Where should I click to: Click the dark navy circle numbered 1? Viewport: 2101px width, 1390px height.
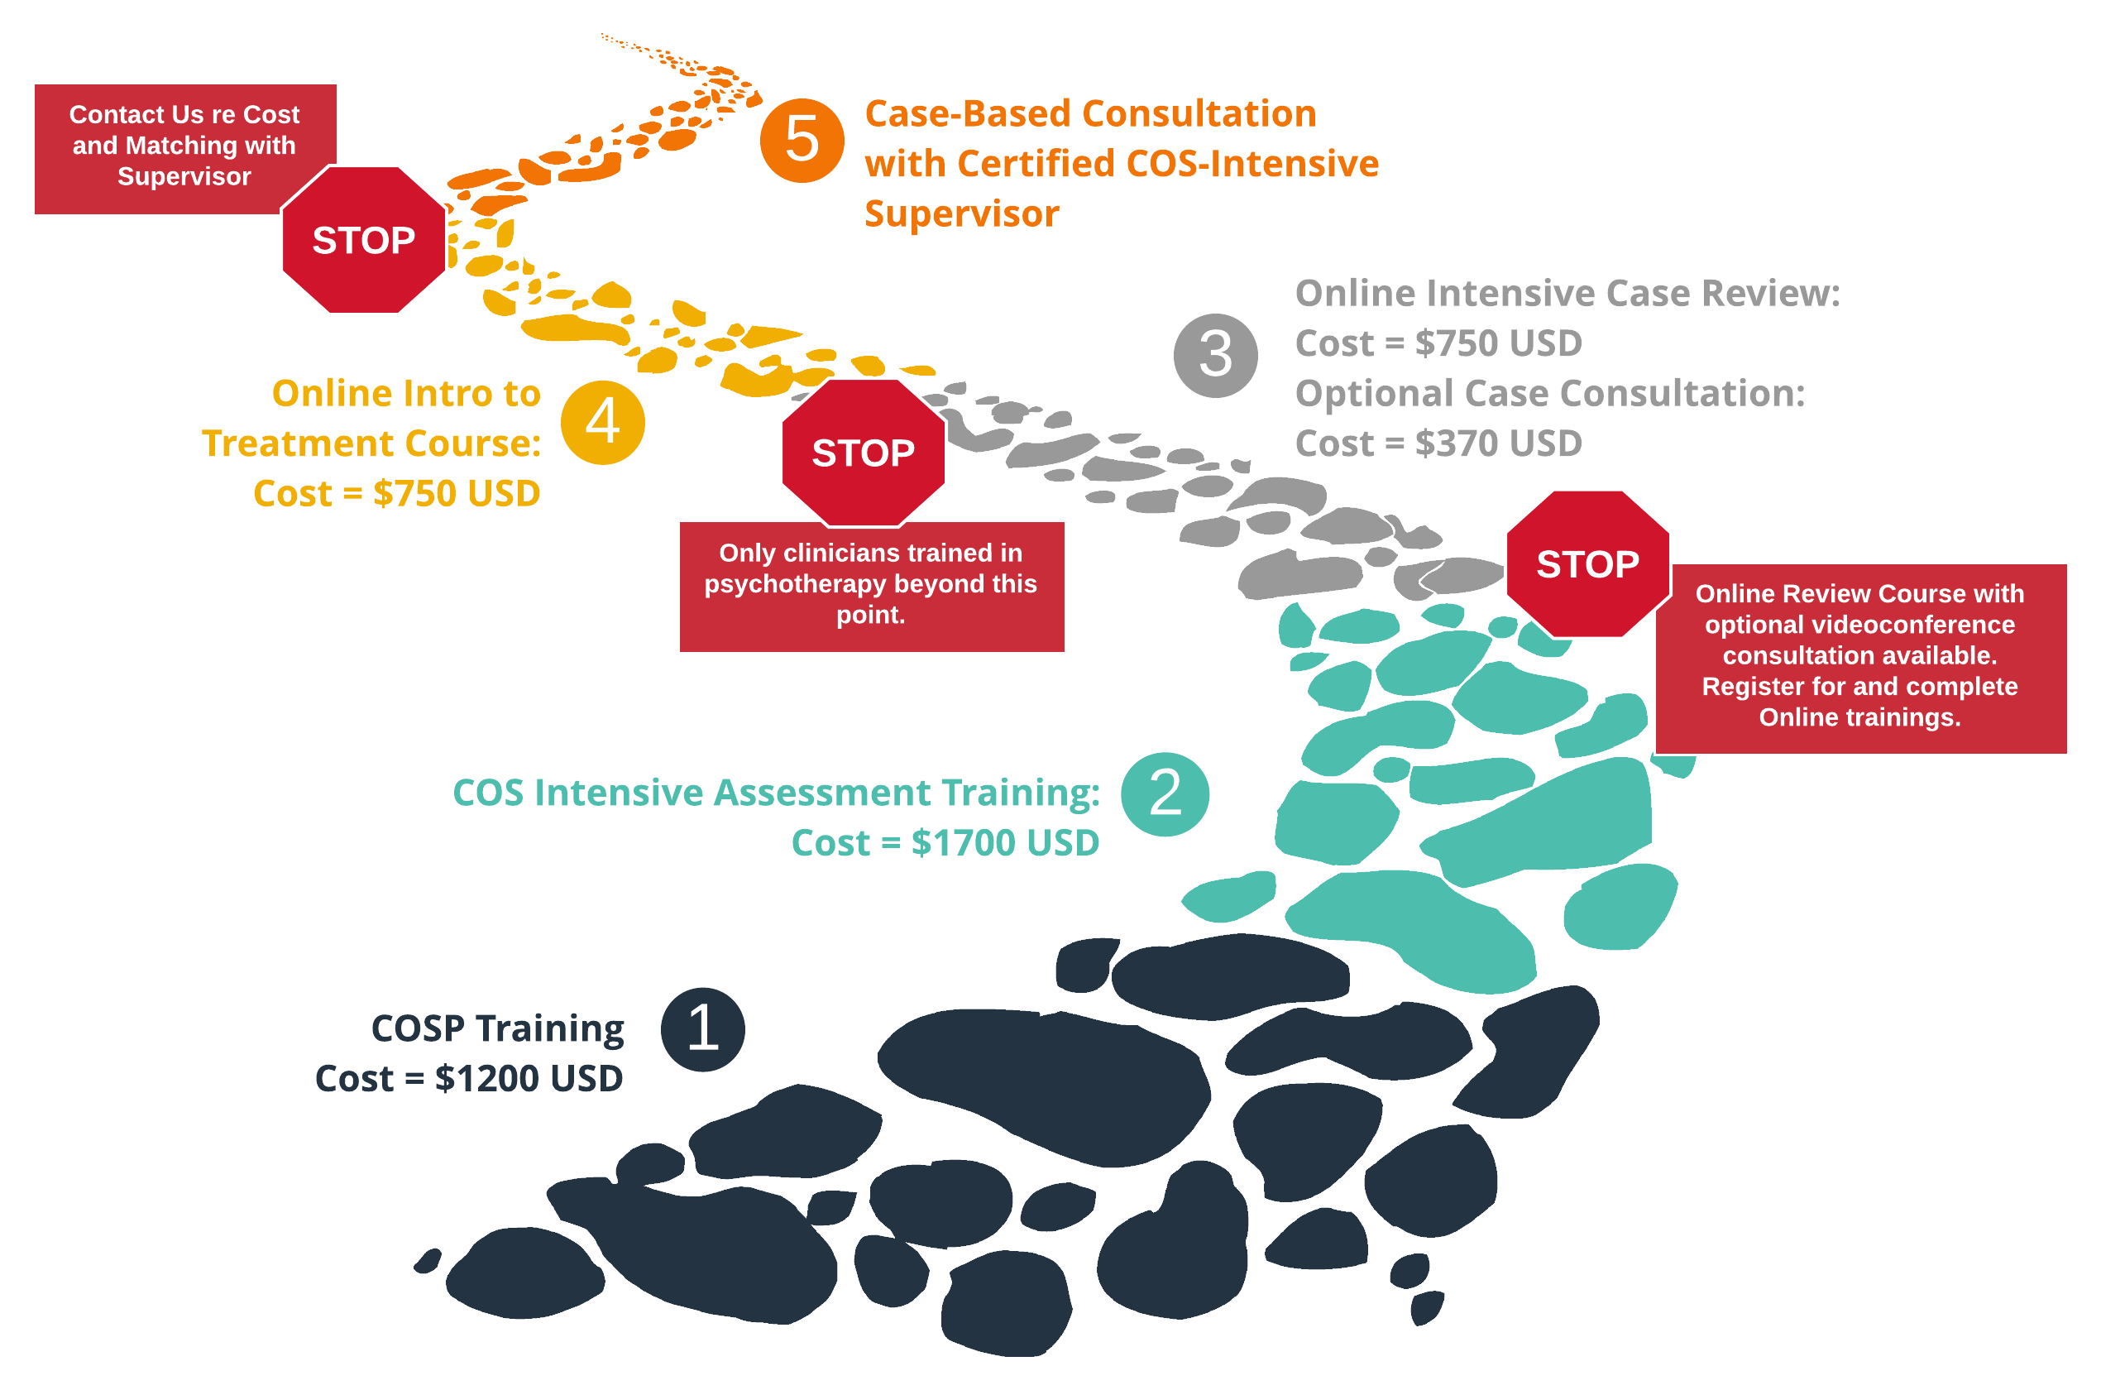(703, 1029)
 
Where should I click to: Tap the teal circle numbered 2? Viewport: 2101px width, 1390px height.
(1165, 793)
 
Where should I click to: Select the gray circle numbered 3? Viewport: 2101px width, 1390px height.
(1216, 356)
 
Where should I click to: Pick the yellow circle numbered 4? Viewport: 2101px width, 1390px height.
(602, 422)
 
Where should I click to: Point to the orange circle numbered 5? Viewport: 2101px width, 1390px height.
(802, 140)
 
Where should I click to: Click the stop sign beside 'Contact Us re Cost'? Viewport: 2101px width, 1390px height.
(363, 240)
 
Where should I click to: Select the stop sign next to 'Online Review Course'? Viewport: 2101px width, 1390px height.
(1587, 563)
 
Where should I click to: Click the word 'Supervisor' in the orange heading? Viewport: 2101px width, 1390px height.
(961, 213)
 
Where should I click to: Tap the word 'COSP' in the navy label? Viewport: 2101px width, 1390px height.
(418, 1028)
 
